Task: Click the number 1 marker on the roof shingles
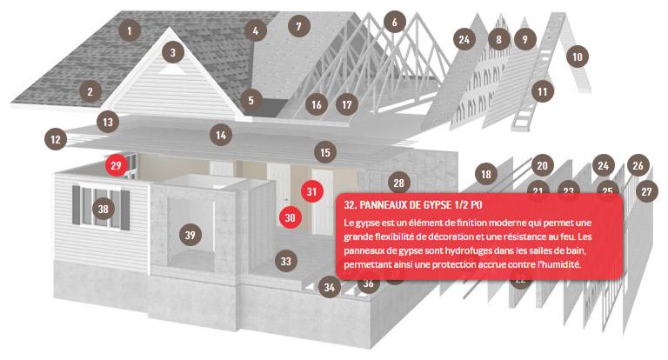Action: pos(130,30)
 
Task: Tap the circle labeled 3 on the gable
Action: pos(172,52)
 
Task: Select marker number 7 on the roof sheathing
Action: pos(298,26)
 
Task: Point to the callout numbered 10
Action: pos(578,57)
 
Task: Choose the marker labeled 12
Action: pos(56,139)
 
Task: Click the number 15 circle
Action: pos(325,152)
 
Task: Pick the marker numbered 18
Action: pos(486,174)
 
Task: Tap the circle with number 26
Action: pos(638,165)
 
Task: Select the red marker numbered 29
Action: pos(117,165)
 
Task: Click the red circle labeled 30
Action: pos(291,217)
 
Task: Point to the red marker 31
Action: pos(312,191)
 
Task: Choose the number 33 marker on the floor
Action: pos(286,261)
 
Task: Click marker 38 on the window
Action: pos(104,209)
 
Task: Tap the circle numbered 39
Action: pos(190,235)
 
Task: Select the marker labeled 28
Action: pos(398,183)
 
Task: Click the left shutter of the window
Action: pos(77,205)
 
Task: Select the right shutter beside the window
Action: pos(125,210)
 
